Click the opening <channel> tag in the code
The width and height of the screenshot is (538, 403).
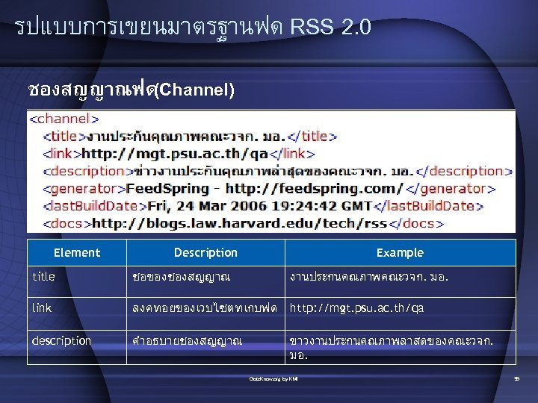point(64,119)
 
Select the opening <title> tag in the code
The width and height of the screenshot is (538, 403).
point(64,137)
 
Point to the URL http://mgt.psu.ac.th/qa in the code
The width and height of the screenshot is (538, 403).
point(175,154)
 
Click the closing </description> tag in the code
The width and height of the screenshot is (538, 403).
point(463,171)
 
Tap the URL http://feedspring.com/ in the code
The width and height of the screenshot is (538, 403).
point(315,188)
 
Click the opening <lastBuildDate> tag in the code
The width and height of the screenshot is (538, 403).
point(90,205)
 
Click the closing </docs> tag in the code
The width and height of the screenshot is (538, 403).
point(418,222)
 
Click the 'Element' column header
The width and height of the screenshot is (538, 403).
point(77,253)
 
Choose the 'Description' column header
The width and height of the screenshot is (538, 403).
point(205,253)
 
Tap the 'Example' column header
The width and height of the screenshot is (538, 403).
point(400,253)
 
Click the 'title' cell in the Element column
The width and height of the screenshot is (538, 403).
point(43,277)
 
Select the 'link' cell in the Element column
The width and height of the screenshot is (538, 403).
point(42,307)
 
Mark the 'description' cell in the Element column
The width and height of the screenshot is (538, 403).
point(61,341)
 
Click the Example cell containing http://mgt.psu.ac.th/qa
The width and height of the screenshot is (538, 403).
point(357,307)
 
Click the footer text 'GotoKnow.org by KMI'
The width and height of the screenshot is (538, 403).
point(273,379)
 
